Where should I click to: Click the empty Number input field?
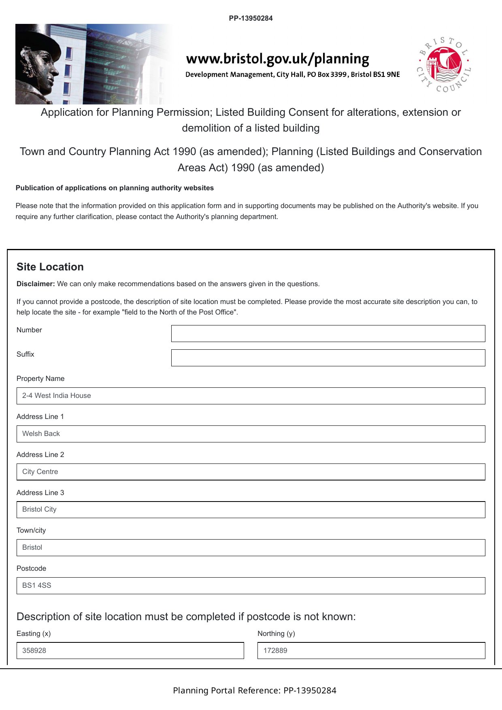(328, 334)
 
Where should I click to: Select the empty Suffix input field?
(328, 358)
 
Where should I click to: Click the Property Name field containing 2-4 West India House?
(251, 396)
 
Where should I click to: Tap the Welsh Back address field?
(251, 434)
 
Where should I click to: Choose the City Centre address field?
(251, 472)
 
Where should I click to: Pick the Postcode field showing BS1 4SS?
(251, 586)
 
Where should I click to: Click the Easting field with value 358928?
(130, 650)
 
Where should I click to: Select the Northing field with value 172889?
(371, 650)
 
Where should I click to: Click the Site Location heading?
(50, 267)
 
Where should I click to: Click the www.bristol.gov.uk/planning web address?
(278, 59)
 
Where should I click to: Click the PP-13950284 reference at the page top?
(251, 18)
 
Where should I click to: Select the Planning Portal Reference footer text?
(255, 690)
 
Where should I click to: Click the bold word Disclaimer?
(36, 284)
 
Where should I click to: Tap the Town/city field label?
(31, 530)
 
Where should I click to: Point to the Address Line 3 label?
(40, 493)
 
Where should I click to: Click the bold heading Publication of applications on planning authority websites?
(115, 188)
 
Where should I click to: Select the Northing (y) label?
(276, 633)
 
